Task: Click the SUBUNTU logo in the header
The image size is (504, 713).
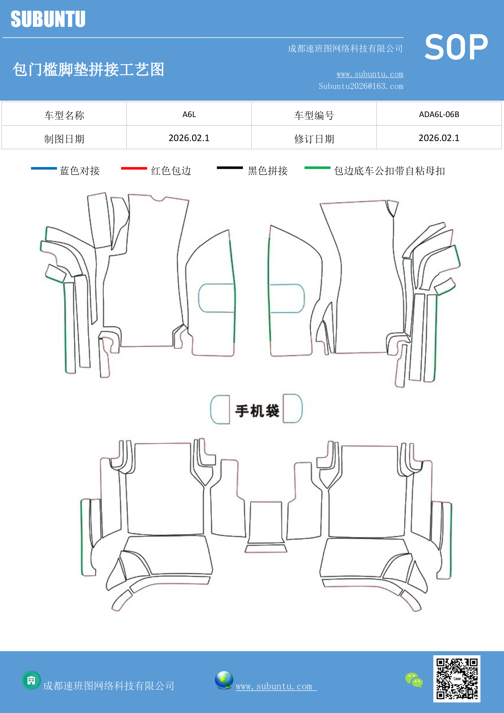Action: (48, 19)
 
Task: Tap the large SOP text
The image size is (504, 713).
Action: (456, 48)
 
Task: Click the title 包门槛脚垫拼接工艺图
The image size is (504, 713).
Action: (88, 70)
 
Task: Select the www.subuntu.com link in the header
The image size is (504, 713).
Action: (370, 74)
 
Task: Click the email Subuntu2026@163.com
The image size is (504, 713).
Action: (361, 86)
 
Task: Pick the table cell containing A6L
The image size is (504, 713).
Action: (189, 114)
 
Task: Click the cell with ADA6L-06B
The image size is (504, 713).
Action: (439, 114)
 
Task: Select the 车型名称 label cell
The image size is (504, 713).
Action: (64, 115)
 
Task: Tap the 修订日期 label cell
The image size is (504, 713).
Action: (314, 139)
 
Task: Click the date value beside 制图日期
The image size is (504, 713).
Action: (189, 138)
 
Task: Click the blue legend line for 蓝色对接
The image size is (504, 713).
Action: (44, 168)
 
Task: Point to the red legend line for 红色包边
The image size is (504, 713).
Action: (134, 168)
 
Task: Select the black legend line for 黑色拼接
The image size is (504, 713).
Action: (229, 167)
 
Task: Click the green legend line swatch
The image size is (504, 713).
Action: (317, 167)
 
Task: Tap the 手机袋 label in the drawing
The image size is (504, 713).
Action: (257, 411)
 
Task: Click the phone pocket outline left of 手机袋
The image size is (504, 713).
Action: (220, 409)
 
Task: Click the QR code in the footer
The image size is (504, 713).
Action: (456, 678)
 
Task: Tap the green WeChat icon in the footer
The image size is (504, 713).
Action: (414, 680)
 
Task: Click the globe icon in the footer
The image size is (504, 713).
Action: (224, 680)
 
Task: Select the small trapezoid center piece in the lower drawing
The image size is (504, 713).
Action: (266, 549)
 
